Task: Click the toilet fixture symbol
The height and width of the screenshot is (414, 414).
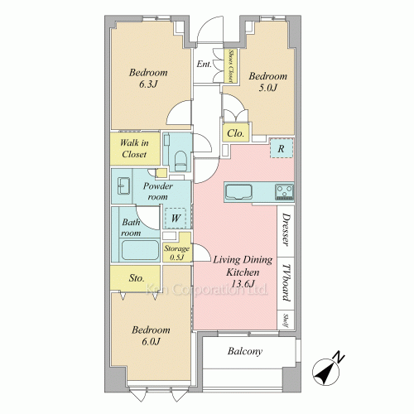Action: tap(181, 161)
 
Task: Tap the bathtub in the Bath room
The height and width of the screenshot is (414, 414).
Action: tap(140, 250)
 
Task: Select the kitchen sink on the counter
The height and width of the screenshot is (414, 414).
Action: tap(238, 192)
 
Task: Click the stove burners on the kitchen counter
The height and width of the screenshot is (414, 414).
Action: tap(284, 192)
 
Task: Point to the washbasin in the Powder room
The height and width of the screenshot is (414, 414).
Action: tap(124, 185)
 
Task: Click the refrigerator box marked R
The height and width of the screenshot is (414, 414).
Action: tap(282, 148)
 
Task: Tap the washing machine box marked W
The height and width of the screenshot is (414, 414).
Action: tap(176, 218)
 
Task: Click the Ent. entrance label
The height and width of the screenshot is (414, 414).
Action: tap(204, 65)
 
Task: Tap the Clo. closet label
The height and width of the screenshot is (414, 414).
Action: tap(235, 133)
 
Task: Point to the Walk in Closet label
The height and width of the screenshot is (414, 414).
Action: tap(134, 148)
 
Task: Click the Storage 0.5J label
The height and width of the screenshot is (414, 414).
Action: tap(177, 253)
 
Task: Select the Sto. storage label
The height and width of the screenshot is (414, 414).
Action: tap(137, 278)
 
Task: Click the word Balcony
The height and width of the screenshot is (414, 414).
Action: tap(245, 351)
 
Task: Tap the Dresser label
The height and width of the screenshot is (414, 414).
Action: tap(286, 229)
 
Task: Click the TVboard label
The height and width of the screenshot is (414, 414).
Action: tap(286, 283)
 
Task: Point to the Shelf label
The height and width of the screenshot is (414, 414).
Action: tap(286, 321)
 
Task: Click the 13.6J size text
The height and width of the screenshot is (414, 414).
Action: tap(243, 284)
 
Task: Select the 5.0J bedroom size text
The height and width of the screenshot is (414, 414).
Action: tap(267, 88)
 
